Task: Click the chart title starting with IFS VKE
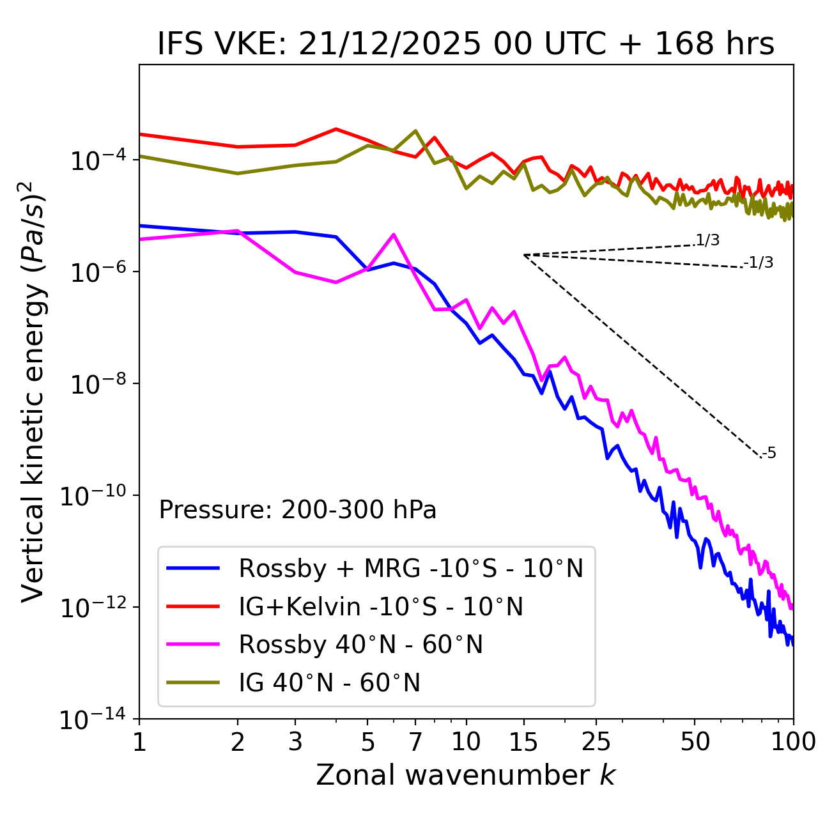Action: (466, 45)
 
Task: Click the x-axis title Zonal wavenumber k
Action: (466, 774)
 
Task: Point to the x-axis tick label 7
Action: (416, 742)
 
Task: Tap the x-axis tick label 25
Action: (596, 742)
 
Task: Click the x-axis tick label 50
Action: (695, 742)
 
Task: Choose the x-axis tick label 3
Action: (295, 742)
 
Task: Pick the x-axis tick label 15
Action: (523, 742)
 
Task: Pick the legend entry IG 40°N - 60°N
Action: (329, 683)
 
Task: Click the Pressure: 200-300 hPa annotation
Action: (298, 510)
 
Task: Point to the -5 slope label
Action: (769, 454)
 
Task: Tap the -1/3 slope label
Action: (759, 263)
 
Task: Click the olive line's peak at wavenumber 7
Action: (416, 131)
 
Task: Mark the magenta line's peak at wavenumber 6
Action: (394, 235)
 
